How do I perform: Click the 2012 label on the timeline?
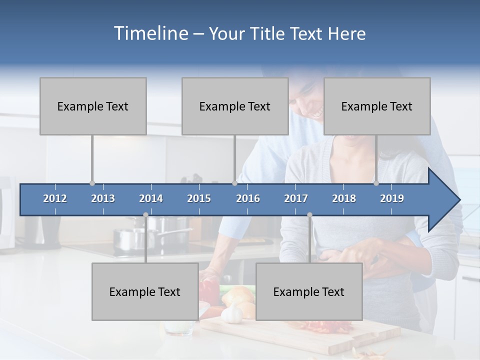[x=55, y=198]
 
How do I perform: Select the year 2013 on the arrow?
[x=103, y=198]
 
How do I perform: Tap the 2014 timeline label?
[x=151, y=198]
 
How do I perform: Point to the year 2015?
[x=199, y=198]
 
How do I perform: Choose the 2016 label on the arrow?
[x=248, y=198]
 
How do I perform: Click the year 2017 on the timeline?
[x=296, y=198]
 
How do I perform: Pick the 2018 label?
[x=344, y=198]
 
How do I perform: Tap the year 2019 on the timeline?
[x=392, y=198]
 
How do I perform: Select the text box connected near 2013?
[x=93, y=106]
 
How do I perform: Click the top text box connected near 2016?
[x=235, y=106]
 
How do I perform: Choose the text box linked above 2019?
[x=377, y=106]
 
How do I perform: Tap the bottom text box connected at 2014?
[x=145, y=291]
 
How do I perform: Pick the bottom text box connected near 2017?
[x=309, y=291]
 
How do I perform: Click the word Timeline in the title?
[x=151, y=33]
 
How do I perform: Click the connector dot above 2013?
[x=92, y=183]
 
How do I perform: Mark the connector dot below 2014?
[x=145, y=215]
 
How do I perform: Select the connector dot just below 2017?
[x=309, y=215]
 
